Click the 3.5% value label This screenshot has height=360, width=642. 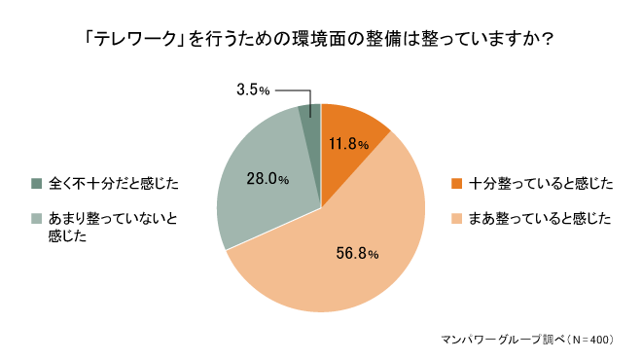point(253,90)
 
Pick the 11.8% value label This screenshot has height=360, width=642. point(348,145)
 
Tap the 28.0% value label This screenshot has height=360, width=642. point(268,179)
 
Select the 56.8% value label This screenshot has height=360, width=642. point(355,254)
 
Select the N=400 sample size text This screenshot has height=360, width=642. point(588,340)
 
